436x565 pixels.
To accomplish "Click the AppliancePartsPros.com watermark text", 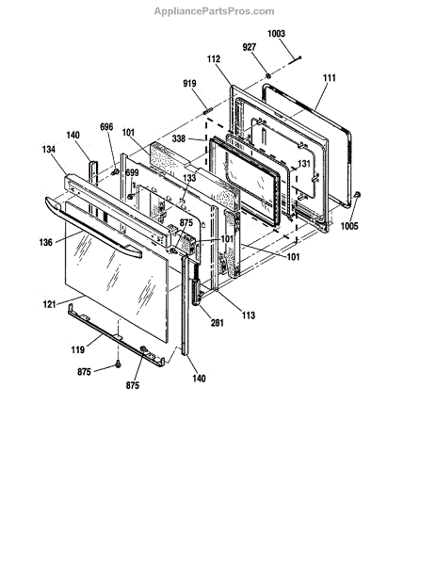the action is tap(214, 11).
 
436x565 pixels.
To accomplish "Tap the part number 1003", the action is tap(276, 34).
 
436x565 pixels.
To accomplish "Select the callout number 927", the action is tap(250, 47).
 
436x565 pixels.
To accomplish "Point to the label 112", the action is tap(214, 59).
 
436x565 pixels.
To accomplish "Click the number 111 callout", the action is tap(329, 78).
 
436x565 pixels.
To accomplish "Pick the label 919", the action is tap(189, 84).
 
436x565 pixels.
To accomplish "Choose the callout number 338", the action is tap(179, 138).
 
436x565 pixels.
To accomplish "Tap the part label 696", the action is tap(106, 127).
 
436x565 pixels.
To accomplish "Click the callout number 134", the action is tap(49, 149).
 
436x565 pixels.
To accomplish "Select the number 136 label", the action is tap(46, 243).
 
